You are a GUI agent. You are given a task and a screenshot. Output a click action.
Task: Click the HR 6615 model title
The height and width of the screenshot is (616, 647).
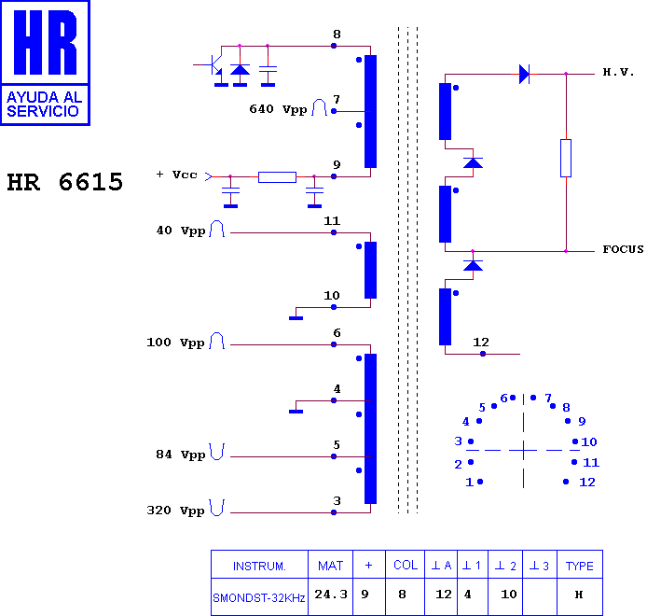(x=64, y=182)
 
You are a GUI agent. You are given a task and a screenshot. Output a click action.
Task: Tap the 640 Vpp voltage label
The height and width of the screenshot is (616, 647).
(x=278, y=109)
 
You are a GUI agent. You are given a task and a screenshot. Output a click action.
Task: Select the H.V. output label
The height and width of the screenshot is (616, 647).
(x=618, y=72)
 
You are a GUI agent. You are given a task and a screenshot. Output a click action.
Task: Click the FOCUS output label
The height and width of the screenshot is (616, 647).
(x=623, y=249)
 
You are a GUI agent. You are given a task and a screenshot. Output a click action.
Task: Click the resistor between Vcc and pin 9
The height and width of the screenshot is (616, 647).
(x=277, y=177)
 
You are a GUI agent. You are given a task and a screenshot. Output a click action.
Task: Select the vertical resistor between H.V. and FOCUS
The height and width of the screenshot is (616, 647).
(x=566, y=159)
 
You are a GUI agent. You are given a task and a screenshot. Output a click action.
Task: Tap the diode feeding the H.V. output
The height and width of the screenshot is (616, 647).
(x=525, y=75)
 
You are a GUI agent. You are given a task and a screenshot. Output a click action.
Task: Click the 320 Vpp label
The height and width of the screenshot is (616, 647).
(x=175, y=511)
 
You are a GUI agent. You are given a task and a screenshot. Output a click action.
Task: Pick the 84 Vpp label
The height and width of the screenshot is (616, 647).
(x=180, y=455)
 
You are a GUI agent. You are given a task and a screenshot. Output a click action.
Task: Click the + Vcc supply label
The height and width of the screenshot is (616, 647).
(x=176, y=175)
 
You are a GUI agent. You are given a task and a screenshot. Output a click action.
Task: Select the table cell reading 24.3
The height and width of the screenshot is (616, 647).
(x=331, y=595)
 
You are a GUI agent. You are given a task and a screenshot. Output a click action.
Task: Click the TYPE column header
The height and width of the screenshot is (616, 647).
(x=579, y=566)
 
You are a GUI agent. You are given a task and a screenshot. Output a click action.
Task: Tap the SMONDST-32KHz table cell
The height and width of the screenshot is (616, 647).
(x=259, y=598)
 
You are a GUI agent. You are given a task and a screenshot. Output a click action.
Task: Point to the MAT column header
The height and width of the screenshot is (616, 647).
(x=330, y=566)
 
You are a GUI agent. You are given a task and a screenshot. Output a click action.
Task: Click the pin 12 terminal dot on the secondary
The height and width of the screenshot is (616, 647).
(x=483, y=354)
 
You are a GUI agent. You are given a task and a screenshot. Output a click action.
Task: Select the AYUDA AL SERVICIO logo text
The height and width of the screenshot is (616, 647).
(x=44, y=105)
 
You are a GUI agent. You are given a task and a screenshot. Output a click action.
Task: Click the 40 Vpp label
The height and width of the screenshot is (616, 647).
(x=180, y=231)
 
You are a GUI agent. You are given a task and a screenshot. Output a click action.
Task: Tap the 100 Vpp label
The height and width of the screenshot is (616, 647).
(x=175, y=343)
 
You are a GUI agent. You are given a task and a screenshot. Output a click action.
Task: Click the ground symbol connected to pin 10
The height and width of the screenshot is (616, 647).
(x=296, y=318)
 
